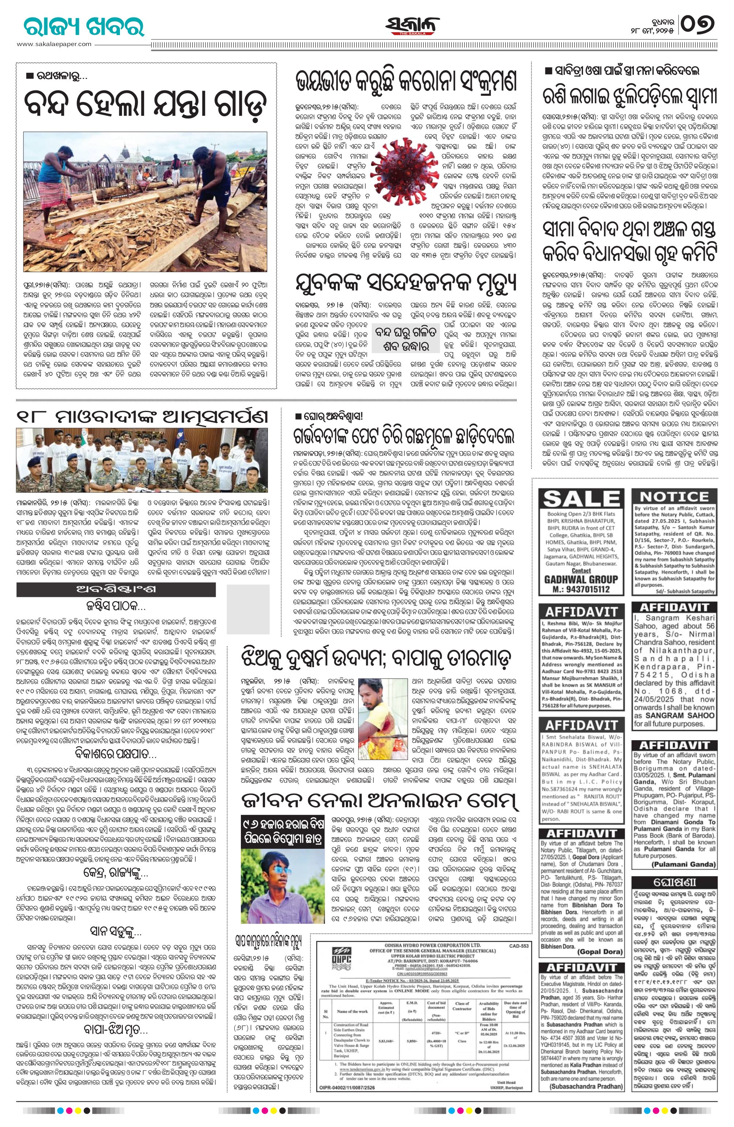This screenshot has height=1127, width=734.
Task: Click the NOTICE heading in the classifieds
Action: (674, 496)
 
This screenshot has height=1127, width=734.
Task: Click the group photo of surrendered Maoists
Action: (142, 457)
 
